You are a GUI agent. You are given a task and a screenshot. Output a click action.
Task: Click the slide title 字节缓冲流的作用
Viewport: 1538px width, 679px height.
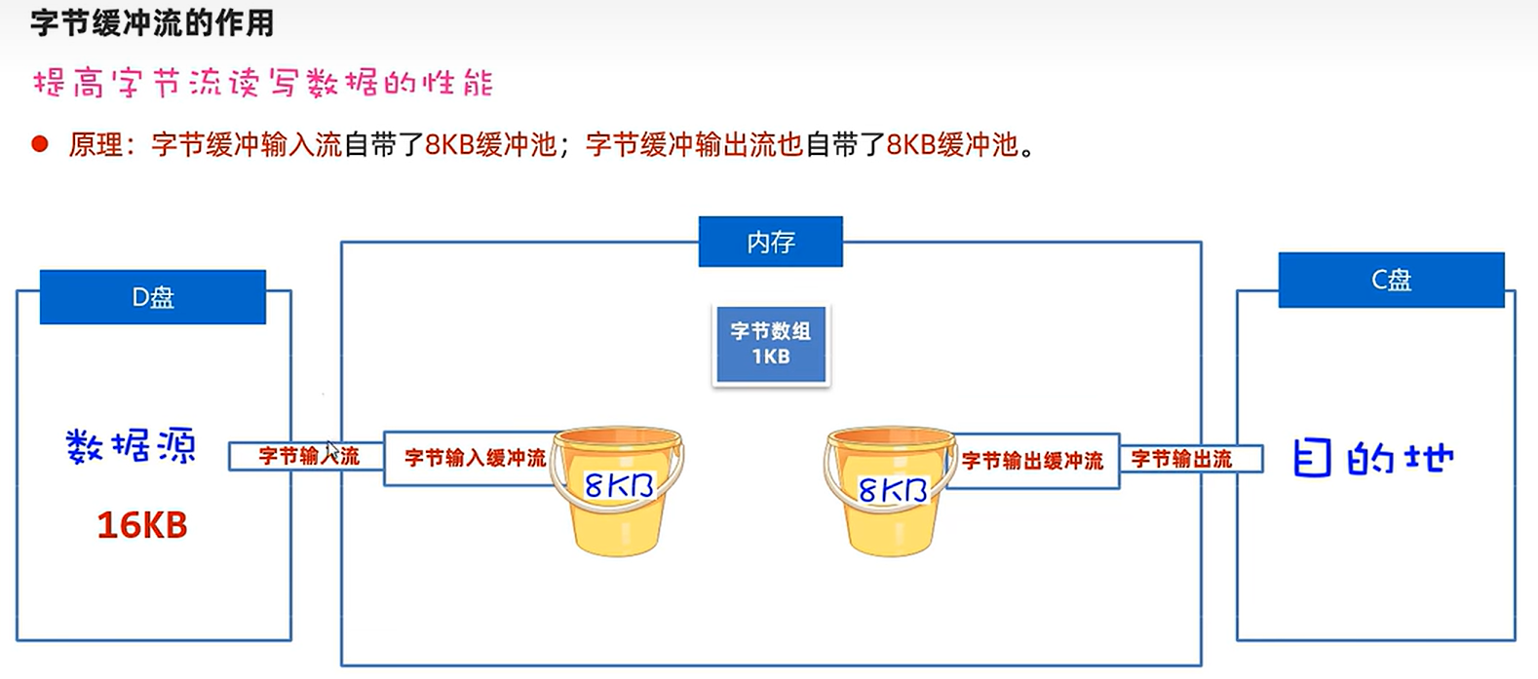[x=152, y=22]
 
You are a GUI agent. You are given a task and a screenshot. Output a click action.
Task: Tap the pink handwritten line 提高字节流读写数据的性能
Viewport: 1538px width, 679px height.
[x=263, y=83]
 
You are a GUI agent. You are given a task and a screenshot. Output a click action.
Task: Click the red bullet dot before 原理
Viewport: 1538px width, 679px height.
[x=40, y=145]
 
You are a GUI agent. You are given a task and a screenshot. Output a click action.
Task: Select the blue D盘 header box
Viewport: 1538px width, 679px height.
[x=153, y=297]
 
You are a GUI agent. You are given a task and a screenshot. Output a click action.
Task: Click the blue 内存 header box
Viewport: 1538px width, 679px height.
[x=770, y=242]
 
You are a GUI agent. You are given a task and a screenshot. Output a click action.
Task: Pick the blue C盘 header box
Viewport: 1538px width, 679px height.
[x=1391, y=281]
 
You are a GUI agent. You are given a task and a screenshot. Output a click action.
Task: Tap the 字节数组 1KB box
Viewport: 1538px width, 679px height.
[x=771, y=344]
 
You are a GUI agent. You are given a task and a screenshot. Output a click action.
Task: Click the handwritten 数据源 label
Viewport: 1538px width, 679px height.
[x=131, y=447]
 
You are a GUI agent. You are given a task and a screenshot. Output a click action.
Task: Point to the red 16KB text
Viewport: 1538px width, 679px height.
[x=142, y=525]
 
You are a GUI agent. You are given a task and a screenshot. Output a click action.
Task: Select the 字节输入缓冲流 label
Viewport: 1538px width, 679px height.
[x=475, y=458]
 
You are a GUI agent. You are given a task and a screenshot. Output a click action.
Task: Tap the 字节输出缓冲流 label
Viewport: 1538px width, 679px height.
[x=1032, y=461]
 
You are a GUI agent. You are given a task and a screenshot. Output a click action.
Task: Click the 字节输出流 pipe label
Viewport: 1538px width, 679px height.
[x=1181, y=459]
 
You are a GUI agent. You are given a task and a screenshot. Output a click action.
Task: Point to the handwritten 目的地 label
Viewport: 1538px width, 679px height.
[x=1373, y=458]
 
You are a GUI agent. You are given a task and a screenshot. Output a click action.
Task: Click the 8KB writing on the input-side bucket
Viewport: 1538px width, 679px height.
[x=619, y=484]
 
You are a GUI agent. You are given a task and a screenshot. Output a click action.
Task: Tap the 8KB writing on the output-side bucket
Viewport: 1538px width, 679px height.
[x=892, y=489]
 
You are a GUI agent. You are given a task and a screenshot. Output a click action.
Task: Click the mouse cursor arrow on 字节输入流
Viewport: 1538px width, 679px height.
[x=331, y=450]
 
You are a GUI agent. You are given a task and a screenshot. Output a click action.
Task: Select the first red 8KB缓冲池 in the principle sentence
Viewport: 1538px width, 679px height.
[x=490, y=145]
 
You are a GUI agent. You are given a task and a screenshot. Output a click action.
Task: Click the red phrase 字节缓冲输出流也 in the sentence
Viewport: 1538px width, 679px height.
[x=694, y=145]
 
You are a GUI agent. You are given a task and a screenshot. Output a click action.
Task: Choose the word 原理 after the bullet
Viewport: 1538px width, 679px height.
[x=95, y=145]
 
